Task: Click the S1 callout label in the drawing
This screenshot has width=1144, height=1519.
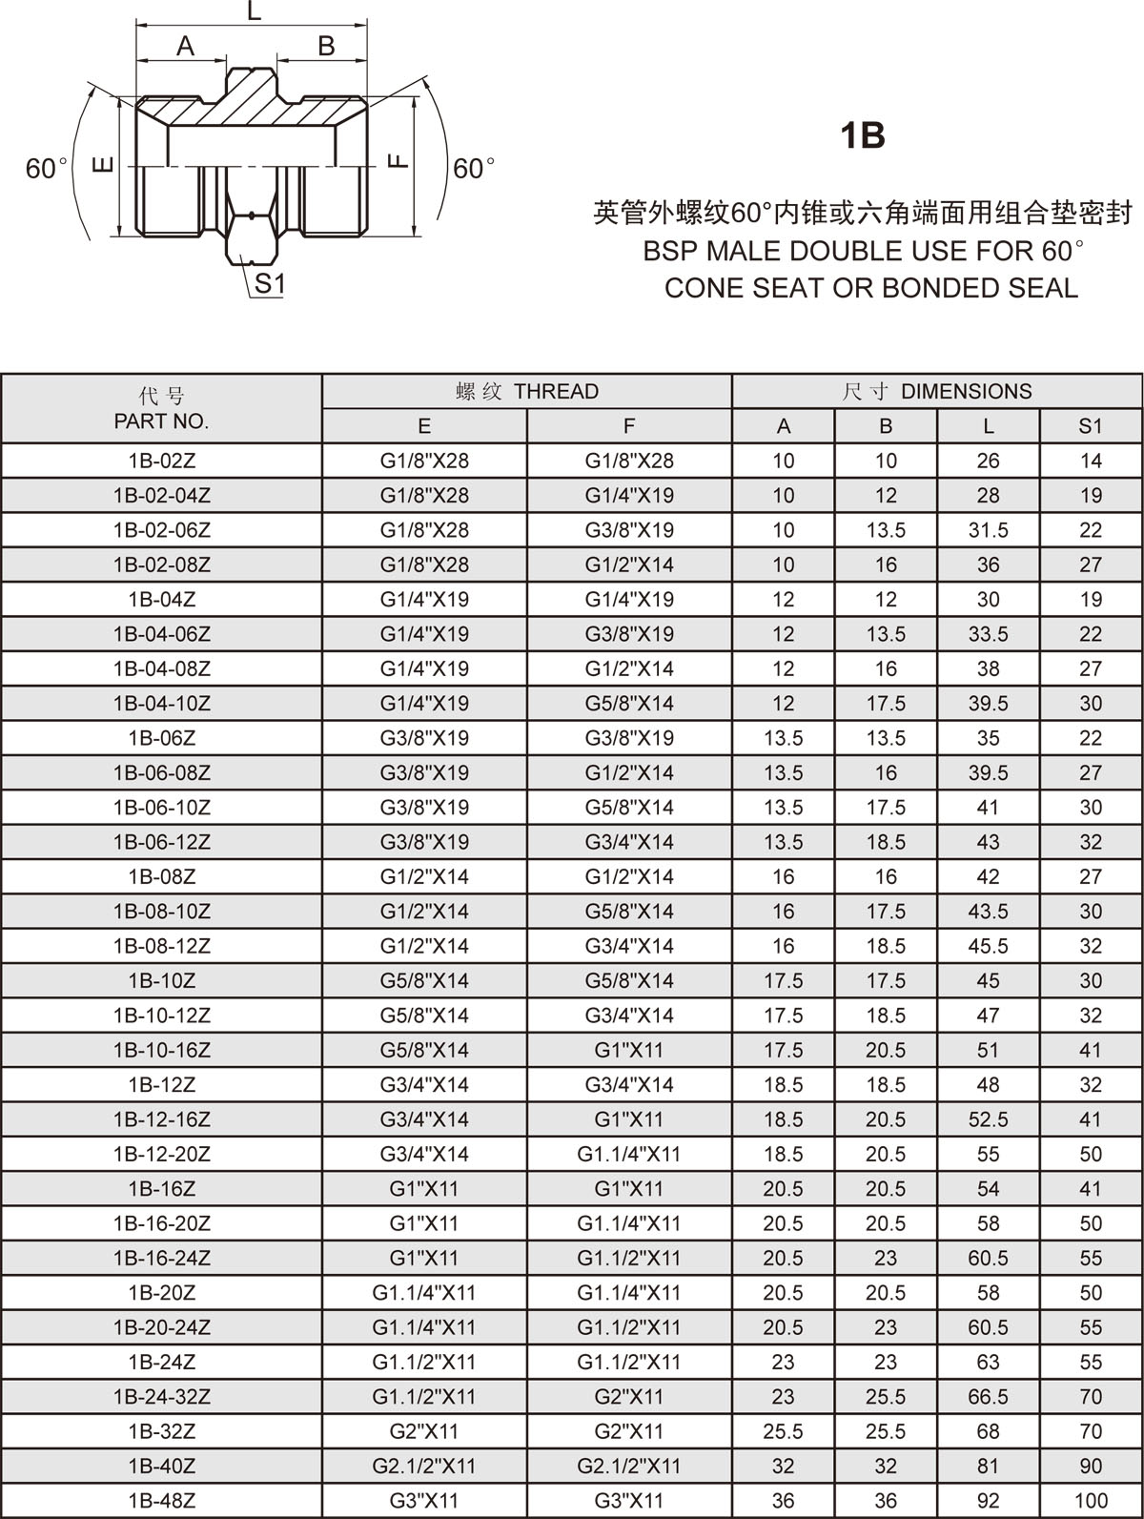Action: click(270, 283)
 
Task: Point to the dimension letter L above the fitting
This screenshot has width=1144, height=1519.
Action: click(253, 12)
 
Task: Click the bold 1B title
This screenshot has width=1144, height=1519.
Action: click(862, 135)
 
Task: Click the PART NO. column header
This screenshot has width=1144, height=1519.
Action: click(161, 421)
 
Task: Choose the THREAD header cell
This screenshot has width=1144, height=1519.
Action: click(527, 391)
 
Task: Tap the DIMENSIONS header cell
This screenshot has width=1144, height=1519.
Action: click(937, 391)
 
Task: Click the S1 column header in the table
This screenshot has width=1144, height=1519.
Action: click(1091, 426)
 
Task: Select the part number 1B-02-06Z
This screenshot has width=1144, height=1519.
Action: click(161, 530)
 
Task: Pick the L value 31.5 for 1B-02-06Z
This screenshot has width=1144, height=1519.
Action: click(988, 530)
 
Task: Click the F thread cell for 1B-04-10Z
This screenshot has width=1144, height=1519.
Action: click(629, 704)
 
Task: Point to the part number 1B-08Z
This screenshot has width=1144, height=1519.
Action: click(161, 876)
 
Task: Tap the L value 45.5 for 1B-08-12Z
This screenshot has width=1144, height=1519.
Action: click(988, 946)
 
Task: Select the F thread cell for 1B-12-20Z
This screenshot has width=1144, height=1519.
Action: click(629, 1154)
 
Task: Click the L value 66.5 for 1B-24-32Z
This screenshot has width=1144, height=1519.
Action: click(988, 1397)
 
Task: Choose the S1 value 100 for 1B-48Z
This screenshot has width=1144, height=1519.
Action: click(1091, 1501)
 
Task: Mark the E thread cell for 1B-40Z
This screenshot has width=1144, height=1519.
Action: click(424, 1466)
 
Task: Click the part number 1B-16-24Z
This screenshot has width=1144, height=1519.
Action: click(161, 1258)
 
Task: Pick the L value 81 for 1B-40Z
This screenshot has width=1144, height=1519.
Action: click(988, 1466)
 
